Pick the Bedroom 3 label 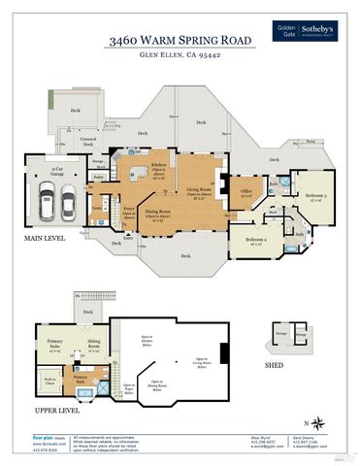[313, 195]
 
